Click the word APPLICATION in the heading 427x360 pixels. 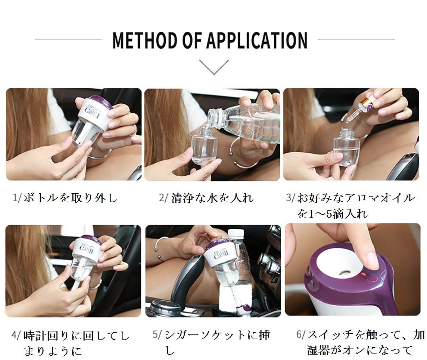click(257, 40)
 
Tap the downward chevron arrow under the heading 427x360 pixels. click(214, 67)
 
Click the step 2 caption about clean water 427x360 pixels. click(206, 198)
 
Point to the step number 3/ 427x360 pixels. click(291, 198)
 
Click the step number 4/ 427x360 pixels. click(16, 335)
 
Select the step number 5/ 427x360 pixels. click(157, 335)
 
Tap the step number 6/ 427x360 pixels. click(301, 334)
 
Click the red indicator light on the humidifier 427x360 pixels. click(363, 274)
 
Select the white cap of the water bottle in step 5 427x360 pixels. click(236, 233)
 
